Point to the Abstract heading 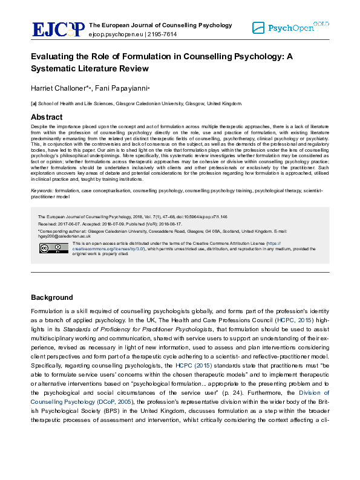pos(46,117)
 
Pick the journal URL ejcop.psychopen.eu pos(117,35)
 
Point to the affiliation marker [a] pos(34,103)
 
